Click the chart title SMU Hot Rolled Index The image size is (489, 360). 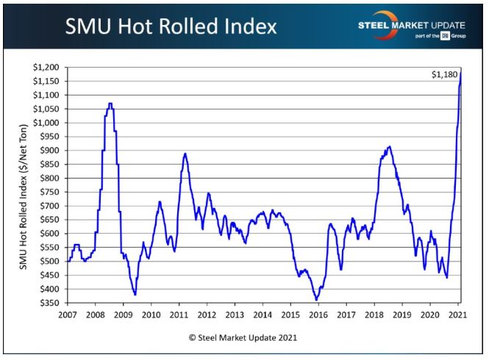(x=171, y=26)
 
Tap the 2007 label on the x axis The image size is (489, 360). (x=68, y=314)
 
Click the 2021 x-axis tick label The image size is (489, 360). (x=457, y=314)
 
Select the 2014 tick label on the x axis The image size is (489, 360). (x=263, y=314)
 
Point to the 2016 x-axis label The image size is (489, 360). (x=318, y=314)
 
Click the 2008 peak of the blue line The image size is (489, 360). (x=110, y=104)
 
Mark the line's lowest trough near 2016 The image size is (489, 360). (x=316, y=299)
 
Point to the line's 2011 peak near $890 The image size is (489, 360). (x=185, y=154)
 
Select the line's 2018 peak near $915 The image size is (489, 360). (x=389, y=146)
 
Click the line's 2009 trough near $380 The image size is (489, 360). (x=135, y=295)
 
